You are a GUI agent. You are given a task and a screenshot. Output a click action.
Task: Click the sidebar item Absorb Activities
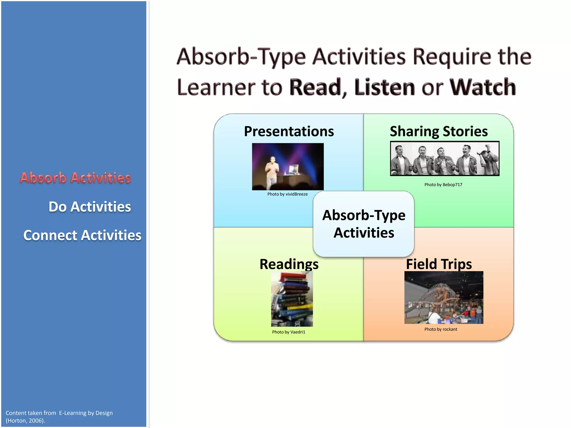click(75, 178)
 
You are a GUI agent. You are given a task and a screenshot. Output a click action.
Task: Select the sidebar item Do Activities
click(89, 207)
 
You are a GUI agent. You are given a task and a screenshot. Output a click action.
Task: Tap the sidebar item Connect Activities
click(82, 235)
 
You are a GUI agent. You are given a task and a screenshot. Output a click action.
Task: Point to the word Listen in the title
click(385, 87)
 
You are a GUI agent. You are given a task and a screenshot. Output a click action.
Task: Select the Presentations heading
click(289, 131)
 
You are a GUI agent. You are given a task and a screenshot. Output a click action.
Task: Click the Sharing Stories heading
click(439, 131)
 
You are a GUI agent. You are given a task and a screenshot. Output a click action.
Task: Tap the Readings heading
click(289, 264)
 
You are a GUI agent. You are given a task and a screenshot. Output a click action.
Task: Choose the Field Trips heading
click(439, 264)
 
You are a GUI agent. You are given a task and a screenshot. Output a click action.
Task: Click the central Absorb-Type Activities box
click(364, 224)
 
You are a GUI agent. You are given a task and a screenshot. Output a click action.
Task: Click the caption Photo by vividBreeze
click(287, 194)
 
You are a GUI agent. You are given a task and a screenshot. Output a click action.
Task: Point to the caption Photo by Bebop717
click(443, 185)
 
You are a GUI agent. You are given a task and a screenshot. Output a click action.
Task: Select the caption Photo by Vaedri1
click(289, 332)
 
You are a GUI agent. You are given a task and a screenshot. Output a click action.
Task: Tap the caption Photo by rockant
click(441, 329)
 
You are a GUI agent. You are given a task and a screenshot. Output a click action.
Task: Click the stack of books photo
click(292, 299)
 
